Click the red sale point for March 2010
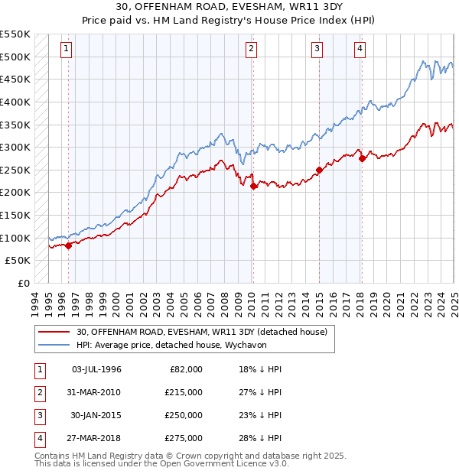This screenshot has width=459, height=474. point(253,185)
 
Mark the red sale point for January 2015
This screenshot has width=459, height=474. point(319,170)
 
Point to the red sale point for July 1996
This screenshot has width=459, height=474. point(68,245)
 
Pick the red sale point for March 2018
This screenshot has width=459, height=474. point(362,158)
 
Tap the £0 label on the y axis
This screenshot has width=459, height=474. point(23,283)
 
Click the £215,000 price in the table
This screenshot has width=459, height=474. point(184,392)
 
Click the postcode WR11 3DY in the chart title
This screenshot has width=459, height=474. point(307,8)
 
